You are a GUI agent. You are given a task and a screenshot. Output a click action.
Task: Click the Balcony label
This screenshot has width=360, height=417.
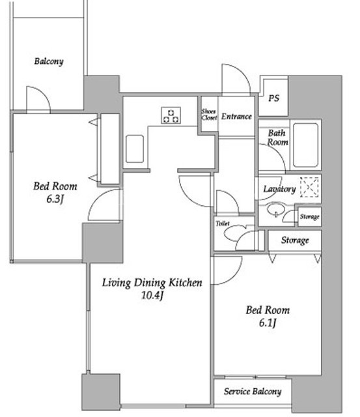49,61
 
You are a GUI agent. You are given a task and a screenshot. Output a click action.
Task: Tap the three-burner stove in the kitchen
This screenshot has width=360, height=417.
171,115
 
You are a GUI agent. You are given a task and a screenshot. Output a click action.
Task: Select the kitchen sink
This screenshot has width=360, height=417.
135,149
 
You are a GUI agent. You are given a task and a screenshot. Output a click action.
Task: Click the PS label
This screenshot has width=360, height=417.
273,98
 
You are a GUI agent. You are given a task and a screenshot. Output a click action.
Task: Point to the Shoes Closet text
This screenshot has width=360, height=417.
209,115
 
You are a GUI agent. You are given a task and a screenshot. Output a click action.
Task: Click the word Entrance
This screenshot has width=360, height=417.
236,116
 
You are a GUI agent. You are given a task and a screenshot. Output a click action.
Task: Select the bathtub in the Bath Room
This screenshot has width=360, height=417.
305,145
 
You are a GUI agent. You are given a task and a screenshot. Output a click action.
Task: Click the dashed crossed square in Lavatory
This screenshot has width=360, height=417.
309,187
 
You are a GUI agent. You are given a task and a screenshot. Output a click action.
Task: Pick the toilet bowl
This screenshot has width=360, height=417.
234,233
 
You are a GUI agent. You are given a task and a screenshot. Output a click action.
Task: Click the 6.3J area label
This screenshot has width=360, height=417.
55,199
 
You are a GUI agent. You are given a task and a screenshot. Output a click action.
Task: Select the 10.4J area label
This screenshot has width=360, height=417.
152,295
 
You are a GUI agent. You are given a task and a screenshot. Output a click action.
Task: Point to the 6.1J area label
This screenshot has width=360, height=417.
268,323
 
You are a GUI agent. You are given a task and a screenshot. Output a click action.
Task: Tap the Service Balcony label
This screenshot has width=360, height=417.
253,392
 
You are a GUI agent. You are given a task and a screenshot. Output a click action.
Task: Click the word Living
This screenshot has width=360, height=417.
117,283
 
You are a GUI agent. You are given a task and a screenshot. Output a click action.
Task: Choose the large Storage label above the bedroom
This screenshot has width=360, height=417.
295,240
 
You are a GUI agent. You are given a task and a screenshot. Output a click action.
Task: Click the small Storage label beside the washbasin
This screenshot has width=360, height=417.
309,217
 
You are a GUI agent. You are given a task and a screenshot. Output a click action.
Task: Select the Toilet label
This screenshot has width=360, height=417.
223,223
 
